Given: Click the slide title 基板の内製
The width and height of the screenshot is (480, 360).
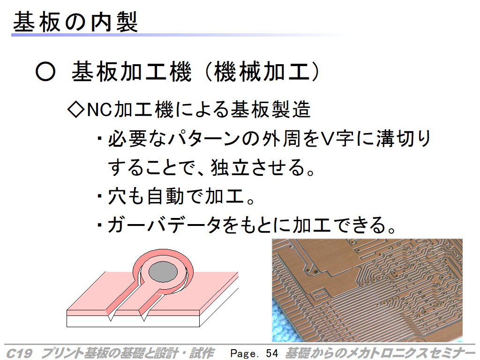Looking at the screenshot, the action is click(75, 22).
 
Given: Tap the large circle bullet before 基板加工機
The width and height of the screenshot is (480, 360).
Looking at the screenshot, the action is click(45, 72).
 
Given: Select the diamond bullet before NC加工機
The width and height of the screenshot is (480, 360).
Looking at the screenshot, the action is click(76, 109).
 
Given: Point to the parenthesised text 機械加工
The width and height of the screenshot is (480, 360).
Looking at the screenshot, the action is click(262, 72).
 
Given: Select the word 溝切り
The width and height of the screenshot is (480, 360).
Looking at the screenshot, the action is click(403, 138).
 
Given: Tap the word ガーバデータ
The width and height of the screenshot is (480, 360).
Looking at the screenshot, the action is click(164, 225).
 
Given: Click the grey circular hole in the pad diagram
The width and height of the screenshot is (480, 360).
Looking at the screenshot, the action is click(163, 272).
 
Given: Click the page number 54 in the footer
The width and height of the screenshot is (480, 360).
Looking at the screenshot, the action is click(272, 353).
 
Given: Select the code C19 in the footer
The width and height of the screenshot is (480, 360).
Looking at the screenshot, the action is click(19, 353).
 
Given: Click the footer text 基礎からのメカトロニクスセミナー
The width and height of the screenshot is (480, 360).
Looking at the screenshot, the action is click(380, 353).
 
